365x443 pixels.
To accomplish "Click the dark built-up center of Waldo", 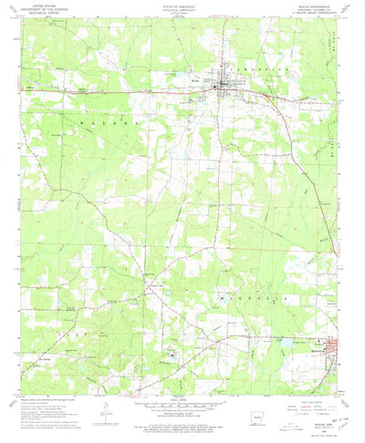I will click(224, 88).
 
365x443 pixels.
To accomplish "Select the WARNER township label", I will click(98, 121).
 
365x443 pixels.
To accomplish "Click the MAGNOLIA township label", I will click(235, 296).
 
